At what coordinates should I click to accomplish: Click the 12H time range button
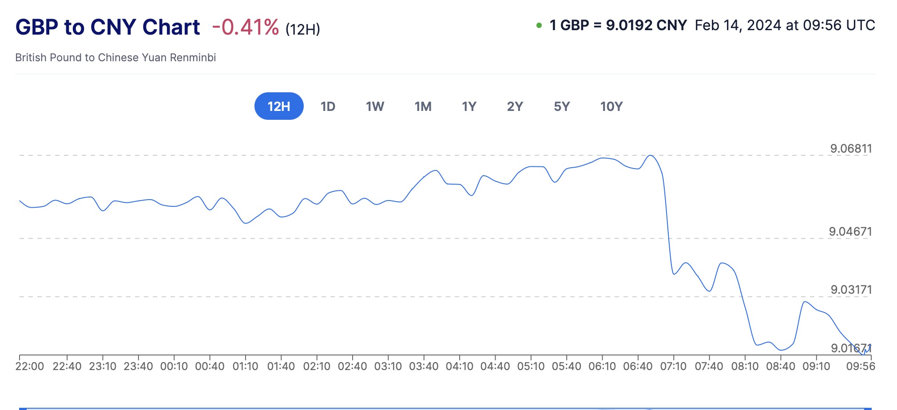(279, 106)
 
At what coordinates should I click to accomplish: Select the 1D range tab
(328, 106)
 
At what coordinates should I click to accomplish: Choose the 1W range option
(375, 106)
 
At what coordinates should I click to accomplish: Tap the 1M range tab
(423, 106)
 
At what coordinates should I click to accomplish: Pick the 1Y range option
(469, 106)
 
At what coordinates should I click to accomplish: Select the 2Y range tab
(515, 106)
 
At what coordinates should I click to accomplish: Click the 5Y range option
(562, 106)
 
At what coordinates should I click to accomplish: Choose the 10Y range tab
(611, 106)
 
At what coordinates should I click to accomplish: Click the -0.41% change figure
(246, 28)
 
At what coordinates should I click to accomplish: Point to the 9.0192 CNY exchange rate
(646, 25)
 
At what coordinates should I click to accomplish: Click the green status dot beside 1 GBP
(539, 25)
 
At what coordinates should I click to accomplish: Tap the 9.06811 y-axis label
(851, 149)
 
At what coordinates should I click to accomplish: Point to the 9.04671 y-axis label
(850, 232)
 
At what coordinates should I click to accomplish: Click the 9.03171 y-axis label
(851, 290)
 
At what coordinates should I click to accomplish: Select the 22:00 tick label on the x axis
(30, 367)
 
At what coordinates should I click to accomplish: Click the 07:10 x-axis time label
(673, 367)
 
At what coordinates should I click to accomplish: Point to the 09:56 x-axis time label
(860, 367)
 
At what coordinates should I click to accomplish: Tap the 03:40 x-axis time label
(424, 367)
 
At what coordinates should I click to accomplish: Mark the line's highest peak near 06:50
(650, 155)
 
